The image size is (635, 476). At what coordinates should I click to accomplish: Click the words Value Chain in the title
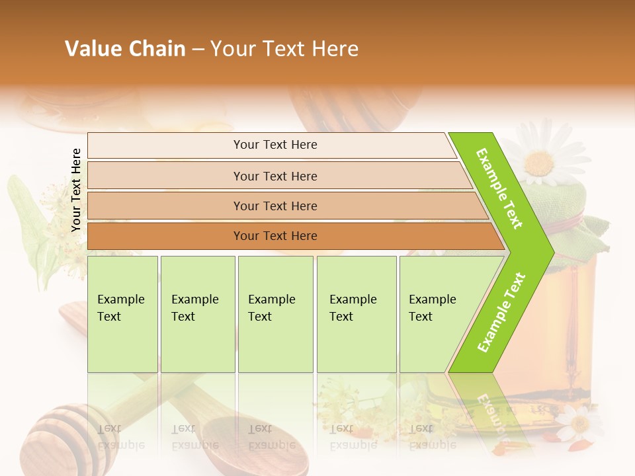point(125,49)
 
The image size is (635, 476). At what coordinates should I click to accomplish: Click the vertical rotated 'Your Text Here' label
point(76,190)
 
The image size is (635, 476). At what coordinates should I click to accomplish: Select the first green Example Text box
point(122,313)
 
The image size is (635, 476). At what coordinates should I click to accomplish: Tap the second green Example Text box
point(197,313)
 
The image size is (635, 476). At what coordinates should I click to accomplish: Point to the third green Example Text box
point(275,313)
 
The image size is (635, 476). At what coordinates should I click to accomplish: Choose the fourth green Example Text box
point(356,313)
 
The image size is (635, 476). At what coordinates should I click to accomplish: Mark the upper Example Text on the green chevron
point(500,188)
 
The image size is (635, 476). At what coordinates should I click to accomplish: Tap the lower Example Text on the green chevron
point(501,313)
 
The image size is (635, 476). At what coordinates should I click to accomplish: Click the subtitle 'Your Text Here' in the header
point(284,49)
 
